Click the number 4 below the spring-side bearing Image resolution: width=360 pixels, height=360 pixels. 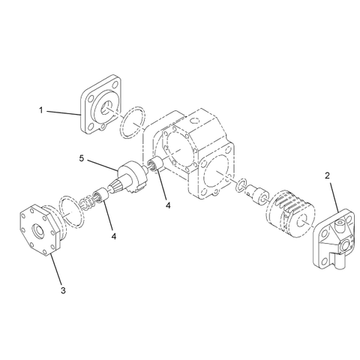pos(114,236)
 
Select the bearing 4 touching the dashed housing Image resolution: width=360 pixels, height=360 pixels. pos(158,166)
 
